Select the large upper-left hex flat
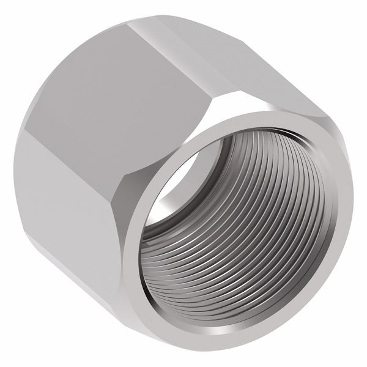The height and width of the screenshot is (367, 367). click(122, 92)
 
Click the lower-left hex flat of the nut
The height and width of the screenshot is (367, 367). click(73, 202)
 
